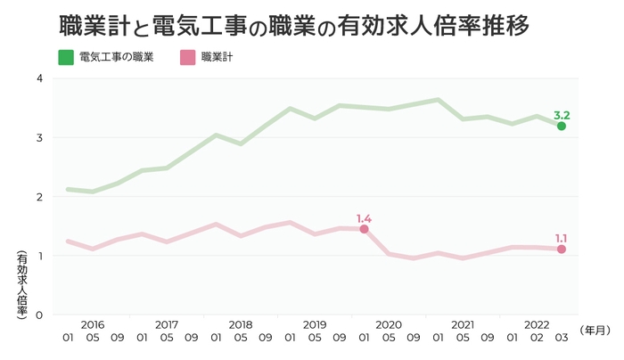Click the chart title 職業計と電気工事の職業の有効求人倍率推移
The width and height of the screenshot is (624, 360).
[293, 26]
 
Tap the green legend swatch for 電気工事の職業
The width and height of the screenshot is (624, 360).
[66, 59]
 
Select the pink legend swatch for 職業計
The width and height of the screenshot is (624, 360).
[188, 59]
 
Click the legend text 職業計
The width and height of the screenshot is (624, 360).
[218, 59]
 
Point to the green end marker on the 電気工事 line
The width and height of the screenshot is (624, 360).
[561, 127]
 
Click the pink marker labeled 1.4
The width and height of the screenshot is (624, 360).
[364, 229]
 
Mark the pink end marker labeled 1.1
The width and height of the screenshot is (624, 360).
[561, 250]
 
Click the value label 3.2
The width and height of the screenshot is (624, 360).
[562, 115]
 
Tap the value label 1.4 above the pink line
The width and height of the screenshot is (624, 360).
[364, 217]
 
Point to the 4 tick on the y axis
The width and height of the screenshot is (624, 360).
[40, 78]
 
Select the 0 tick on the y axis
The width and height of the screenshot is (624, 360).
[40, 315]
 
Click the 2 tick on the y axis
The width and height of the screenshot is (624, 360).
[40, 197]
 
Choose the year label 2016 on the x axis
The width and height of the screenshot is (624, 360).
[92, 324]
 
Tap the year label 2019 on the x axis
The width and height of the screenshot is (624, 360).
[315, 324]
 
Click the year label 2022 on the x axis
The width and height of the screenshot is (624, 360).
[536, 324]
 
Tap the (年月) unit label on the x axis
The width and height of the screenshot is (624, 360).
[595, 331]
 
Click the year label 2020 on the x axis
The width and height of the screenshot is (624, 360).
[389, 324]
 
